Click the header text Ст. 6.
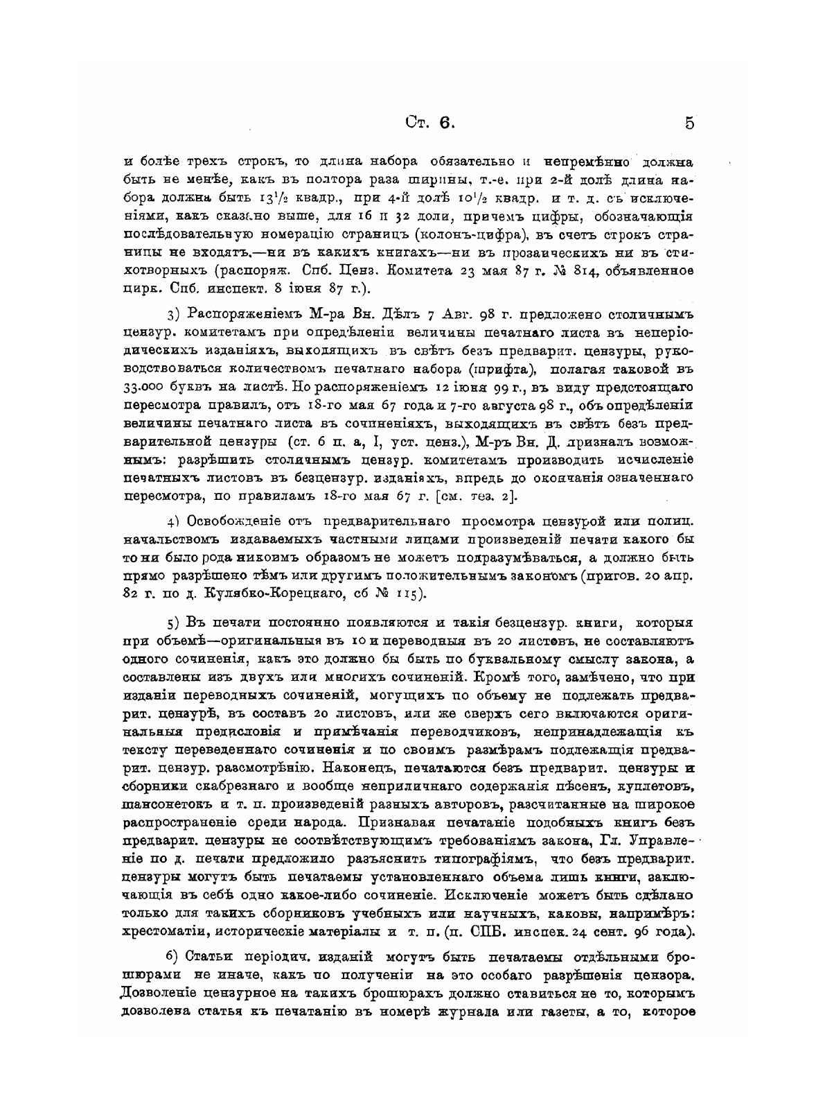click(429, 123)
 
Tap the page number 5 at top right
click(689, 123)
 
